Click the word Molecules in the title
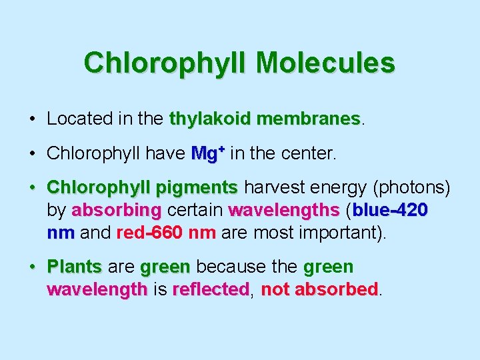point(325,63)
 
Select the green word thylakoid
point(211,119)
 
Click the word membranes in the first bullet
point(308,119)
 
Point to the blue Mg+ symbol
point(207,153)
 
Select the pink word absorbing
point(116,211)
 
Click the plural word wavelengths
point(284,211)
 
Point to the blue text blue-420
point(390,211)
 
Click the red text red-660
point(150,234)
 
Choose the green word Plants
point(74,267)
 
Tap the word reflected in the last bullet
point(210,290)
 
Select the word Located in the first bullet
point(75,119)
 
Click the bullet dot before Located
point(33,120)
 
